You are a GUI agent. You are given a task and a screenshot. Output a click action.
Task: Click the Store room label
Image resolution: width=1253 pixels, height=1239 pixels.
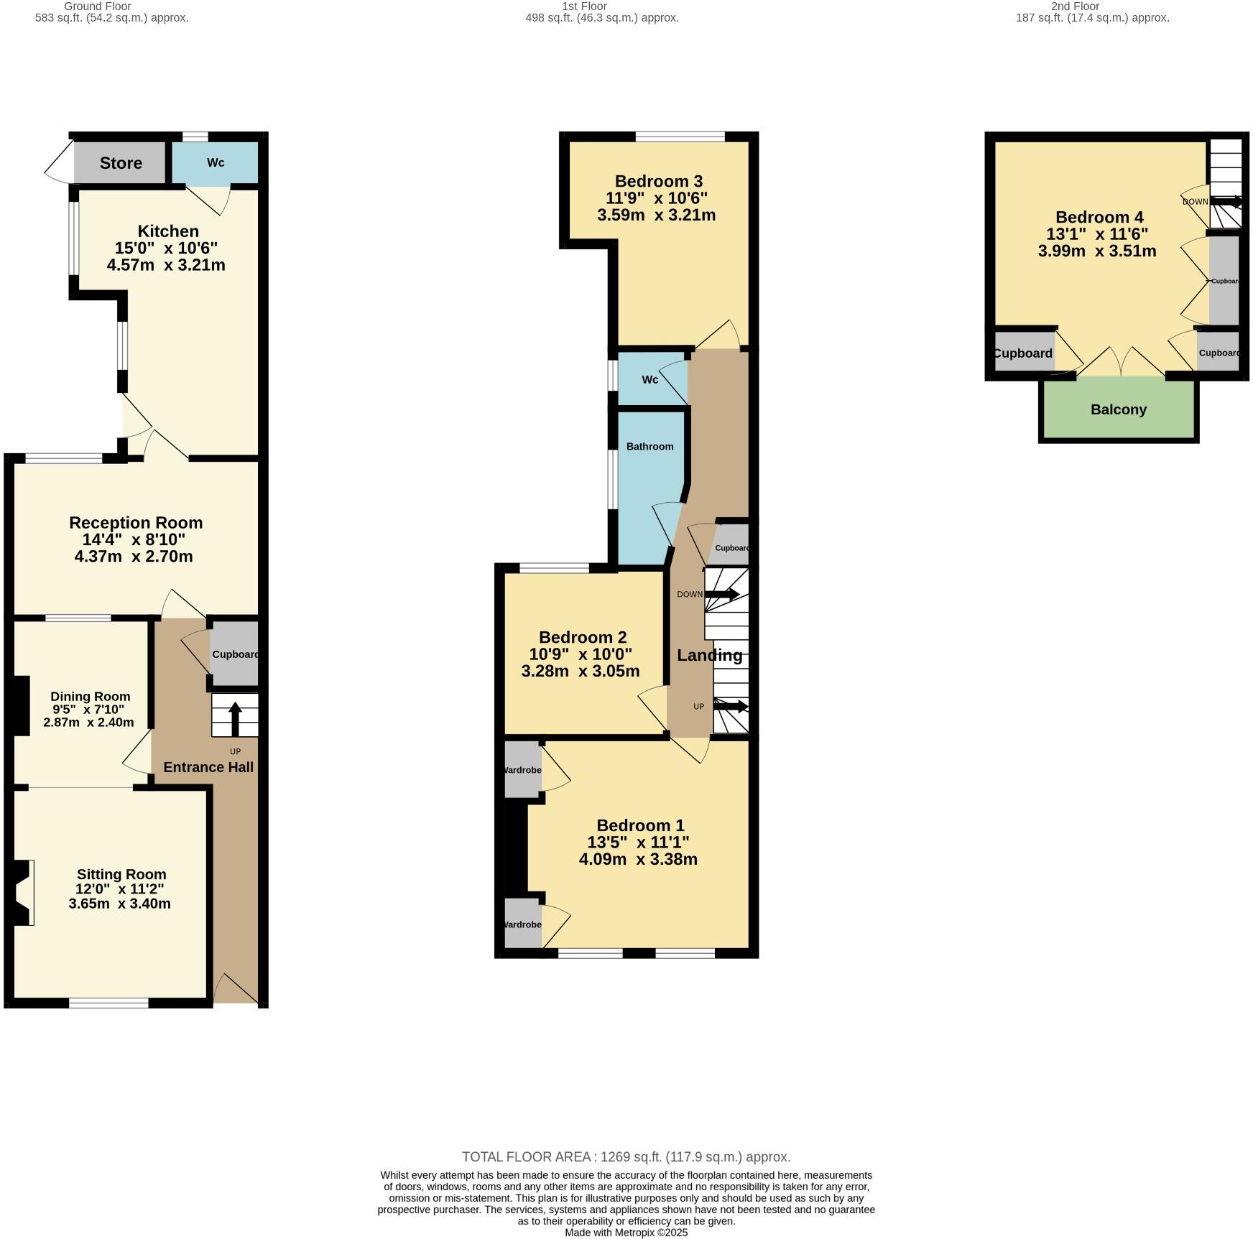point(121,163)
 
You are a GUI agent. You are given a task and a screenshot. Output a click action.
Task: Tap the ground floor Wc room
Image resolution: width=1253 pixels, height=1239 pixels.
point(215,163)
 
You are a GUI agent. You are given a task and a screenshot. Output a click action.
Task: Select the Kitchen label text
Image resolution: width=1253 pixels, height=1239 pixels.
point(168,231)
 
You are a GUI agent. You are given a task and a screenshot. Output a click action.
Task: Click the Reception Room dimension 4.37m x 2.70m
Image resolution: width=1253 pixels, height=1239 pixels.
point(134,557)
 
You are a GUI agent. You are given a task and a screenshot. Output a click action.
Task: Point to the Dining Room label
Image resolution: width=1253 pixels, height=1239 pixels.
point(91,696)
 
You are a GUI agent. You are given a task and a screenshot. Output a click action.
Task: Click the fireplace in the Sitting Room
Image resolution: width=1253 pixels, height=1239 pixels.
point(22,893)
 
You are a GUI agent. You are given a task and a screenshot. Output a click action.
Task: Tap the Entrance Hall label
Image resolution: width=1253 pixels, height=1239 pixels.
point(208,767)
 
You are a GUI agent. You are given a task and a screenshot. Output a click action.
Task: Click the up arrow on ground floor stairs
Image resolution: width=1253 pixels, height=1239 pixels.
point(235,716)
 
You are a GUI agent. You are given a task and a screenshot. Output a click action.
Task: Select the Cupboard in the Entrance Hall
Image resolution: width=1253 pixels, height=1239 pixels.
point(234,654)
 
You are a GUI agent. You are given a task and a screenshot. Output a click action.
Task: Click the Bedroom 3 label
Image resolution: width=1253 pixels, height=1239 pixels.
point(658,181)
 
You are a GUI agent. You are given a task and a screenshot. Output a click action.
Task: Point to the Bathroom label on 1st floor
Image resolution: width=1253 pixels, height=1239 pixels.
point(649,446)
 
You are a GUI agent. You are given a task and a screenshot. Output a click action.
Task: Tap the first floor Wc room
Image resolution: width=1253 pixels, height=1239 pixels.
point(649,379)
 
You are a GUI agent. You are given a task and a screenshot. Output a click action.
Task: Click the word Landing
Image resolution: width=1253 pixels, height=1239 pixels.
point(709,655)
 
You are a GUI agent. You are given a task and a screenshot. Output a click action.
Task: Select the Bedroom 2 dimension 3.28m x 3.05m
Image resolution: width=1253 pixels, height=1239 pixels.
point(581,672)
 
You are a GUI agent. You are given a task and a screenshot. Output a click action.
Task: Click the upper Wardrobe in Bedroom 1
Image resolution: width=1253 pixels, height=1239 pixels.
point(522,770)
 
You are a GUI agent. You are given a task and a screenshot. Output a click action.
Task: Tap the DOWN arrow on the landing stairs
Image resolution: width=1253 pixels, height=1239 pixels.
point(722,594)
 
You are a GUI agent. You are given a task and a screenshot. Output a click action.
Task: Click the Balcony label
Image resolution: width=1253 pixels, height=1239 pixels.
point(1118,409)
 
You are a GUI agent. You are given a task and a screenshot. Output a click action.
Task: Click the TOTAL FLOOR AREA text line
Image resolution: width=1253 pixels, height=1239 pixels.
point(626,1157)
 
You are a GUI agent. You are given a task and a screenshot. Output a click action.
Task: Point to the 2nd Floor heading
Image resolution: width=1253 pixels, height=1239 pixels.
point(1075,6)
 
